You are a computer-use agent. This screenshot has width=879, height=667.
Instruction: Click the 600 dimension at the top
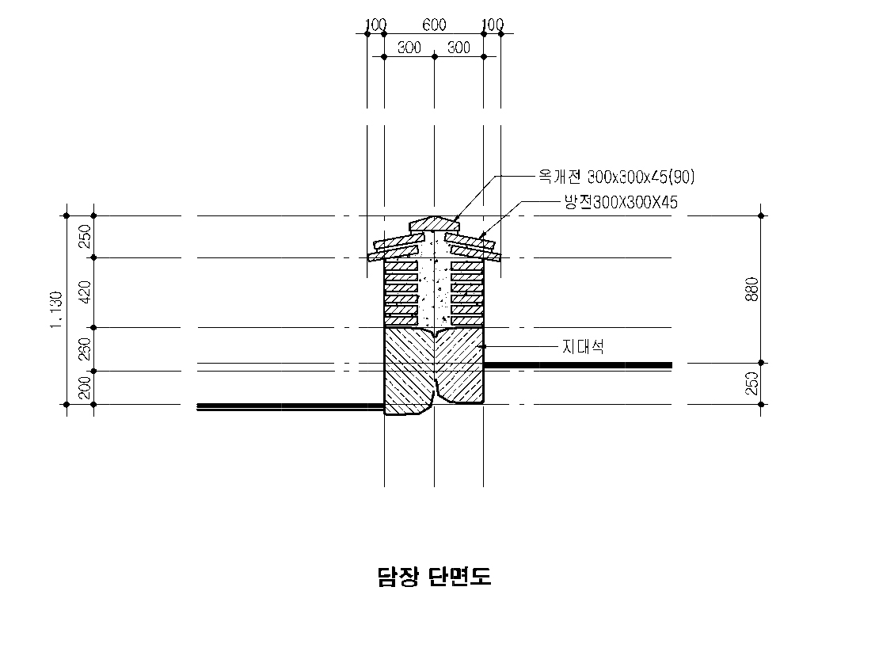point(434,25)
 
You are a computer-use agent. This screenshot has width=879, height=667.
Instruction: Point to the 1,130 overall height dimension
point(56,310)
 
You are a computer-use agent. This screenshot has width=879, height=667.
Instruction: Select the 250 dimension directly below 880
point(752,383)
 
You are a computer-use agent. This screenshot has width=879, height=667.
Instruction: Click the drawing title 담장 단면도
point(434,577)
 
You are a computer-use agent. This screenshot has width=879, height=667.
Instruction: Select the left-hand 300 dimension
point(409,48)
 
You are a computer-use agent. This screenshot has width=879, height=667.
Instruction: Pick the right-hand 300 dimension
point(459,48)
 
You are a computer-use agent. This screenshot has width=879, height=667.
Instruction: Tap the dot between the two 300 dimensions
point(434,56)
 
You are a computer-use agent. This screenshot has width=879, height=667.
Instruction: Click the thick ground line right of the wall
point(577,364)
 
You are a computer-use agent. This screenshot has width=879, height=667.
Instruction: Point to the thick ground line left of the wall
point(290,406)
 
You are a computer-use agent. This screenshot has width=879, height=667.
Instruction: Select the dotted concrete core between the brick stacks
point(433,289)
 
